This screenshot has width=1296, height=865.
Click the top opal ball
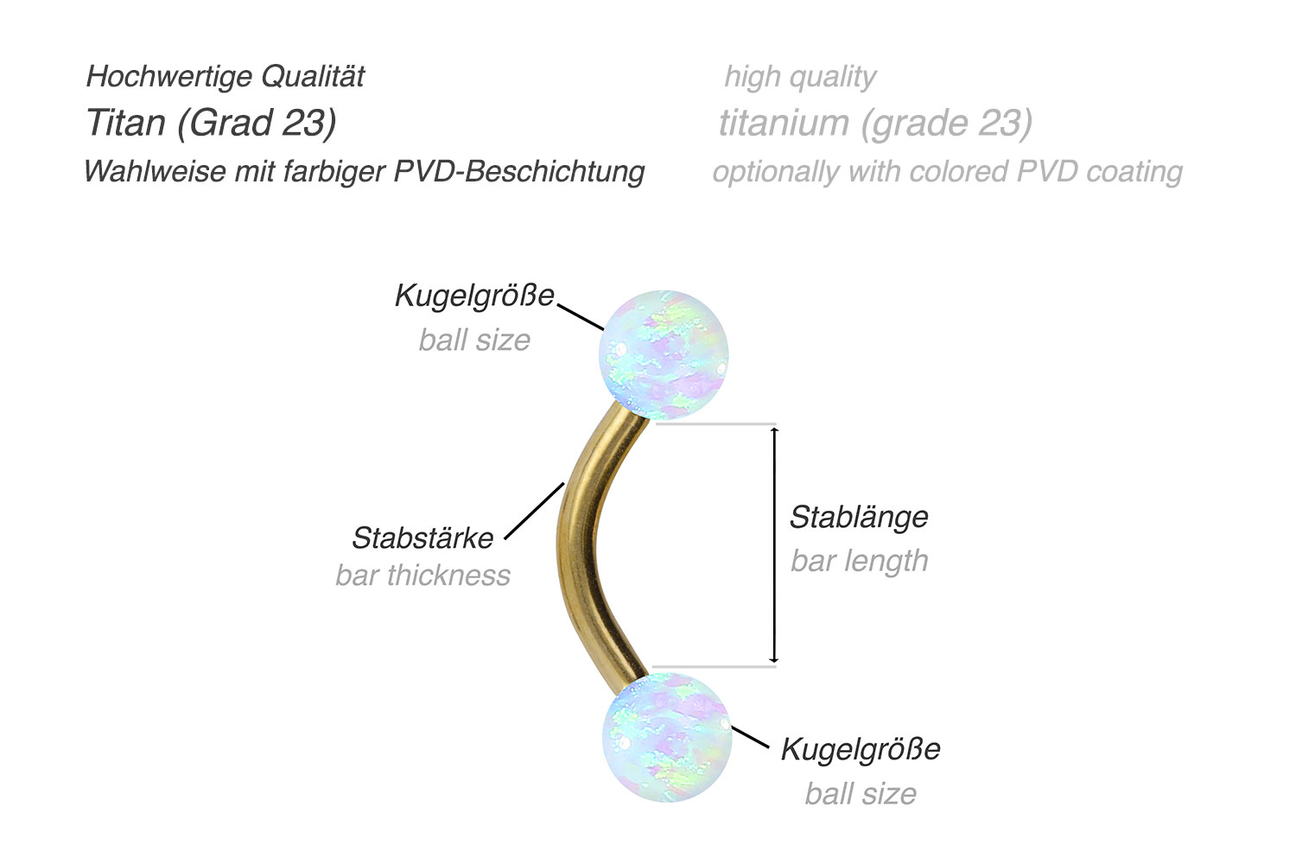coord(664,354)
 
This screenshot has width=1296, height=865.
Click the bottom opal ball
coord(667,736)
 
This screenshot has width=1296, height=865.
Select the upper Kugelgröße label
coord(474,296)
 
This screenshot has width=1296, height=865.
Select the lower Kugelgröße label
coord(861,749)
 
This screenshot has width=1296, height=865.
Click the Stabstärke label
coord(422,538)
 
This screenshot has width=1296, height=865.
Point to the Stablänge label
coord(859,517)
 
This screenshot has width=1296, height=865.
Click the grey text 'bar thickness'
coord(423,576)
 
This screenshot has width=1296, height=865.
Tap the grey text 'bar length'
coord(859,561)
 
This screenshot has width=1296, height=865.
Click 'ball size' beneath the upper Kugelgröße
coord(474,340)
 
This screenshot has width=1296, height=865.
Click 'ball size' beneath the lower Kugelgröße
coord(861,793)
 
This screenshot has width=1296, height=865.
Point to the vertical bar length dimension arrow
coord(775,544)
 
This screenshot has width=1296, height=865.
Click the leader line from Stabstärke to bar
coord(534,511)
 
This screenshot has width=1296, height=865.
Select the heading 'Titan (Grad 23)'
coord(211,123)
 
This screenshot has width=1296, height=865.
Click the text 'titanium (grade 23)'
coord(875,123)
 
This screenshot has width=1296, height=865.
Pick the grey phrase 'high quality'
coord(800,77)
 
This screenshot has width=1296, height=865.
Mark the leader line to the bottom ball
coord(751,737)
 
